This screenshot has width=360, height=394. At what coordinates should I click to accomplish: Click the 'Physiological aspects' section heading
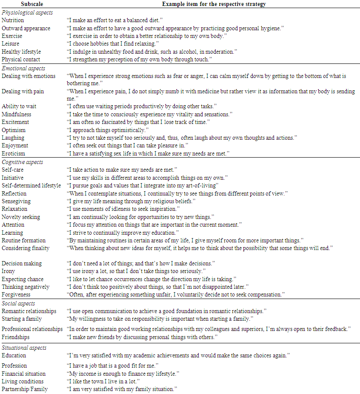[27, 12]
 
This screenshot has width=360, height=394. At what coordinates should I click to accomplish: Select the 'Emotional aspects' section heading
[23, 68]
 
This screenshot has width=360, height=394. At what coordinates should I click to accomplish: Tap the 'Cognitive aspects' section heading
[23, 162]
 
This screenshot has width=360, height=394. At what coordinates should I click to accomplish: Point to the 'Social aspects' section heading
[18, 303]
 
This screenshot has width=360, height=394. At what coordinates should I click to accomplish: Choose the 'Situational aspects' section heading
[24, 348]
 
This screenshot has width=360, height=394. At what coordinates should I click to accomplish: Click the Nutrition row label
[13, 20]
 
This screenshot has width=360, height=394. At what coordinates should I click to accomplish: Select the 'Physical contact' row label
[20, 59]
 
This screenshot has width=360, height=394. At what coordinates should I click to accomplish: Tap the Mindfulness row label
[17, 114]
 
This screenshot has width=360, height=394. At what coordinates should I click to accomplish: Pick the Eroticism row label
[14, 153]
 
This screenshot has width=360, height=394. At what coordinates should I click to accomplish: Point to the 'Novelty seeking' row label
[21, 217]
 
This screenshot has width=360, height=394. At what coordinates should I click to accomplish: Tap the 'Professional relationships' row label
[32, 329]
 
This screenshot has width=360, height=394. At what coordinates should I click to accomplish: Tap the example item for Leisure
[112, 43]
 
